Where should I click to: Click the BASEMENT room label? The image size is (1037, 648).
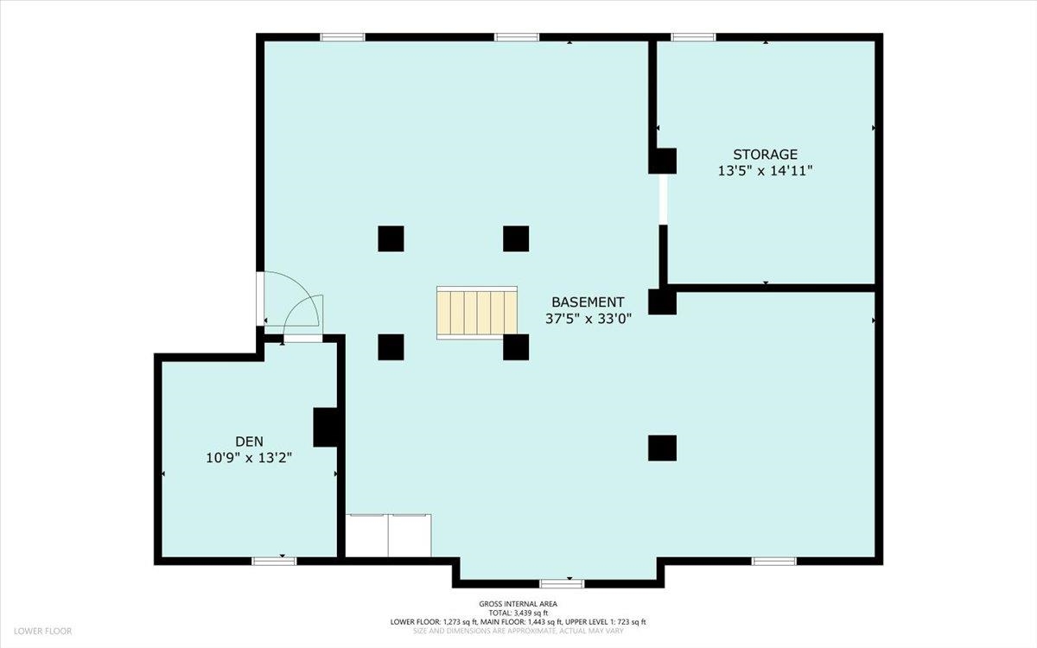pyautogui.click(x=588, y=302)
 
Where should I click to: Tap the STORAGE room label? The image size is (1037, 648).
pyautogui.click(x=765, y=155)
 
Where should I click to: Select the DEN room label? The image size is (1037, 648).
pyautogui.click(x=248, y=442)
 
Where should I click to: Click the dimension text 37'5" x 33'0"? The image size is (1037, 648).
pyautogui.click(x=588, y=318)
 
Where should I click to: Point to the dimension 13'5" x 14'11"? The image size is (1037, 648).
pyautogui.click(x=765, y=171)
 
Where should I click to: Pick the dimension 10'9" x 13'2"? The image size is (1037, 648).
pyautogui.click(x=248, y=458)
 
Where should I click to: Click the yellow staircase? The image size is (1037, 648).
pyautogui.click(x=476, y=312)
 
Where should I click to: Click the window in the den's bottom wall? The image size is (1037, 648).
pyautogui.click(x=274, y=561)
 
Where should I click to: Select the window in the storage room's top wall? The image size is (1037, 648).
pyautogui.click(x=693, y=37)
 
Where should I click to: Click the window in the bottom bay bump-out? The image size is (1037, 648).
pyautogui.click(x=562, y=583)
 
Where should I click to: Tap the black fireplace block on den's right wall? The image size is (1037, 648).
pyautogui.click(x=326, y=427)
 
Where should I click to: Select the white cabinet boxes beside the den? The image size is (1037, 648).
pyautogui.click(x=388, y=536)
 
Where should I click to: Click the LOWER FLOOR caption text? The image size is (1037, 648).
pyautogui.click(x=41, y=632)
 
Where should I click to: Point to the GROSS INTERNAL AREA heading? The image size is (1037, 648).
pyautogui.click(x=518, y=604)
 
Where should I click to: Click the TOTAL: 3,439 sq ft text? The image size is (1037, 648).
pyautogui.click(x=518, y=613)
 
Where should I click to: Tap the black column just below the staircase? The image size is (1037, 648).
pyautogui.click(x=516, y=347)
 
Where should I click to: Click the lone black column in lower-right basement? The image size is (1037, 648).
pyautogui.click(x=662, y=448)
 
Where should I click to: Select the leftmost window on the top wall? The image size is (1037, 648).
pyautogui.click(x=342, y=37)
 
